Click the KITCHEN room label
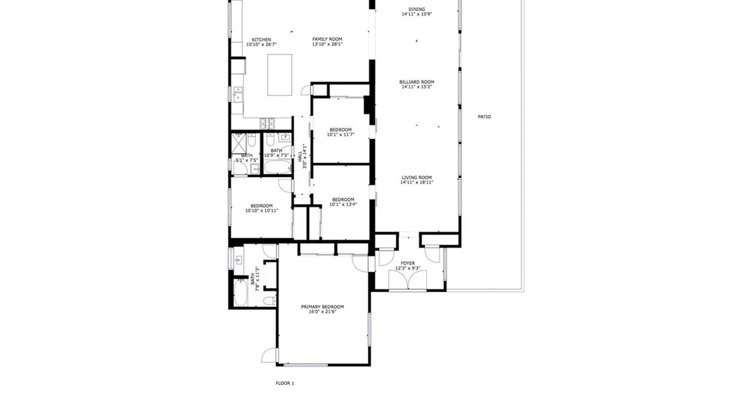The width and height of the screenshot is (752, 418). click(x=261, y=40)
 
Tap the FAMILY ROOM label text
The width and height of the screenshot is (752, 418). click(x=327, y=39)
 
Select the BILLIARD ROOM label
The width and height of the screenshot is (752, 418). click(x=417, y=82)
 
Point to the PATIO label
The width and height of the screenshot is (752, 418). click(x=484, y=117)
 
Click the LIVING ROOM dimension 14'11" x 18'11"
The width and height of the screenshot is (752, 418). click(x=417, y=182)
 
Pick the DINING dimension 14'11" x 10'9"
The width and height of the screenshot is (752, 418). click(x=417, y=14)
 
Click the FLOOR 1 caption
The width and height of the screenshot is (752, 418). click(x=285, y=383)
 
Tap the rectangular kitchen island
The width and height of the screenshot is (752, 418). click(x=279, y=75)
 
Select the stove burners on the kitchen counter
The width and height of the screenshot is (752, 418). click(x=267, y=123)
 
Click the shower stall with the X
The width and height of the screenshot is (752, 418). click(x=239, y=143)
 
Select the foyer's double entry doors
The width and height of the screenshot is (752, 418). click(x=407, y=279)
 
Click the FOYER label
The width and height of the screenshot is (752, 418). click(x=408, y=263)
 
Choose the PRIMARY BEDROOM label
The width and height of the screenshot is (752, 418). click(x=322, y=307)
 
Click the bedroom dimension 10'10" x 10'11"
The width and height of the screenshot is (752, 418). click(x=262, y=211)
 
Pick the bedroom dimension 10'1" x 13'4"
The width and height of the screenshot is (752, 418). click(x=343, y=204)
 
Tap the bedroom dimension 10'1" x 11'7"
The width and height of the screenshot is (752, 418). click(x=340, y=135)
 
